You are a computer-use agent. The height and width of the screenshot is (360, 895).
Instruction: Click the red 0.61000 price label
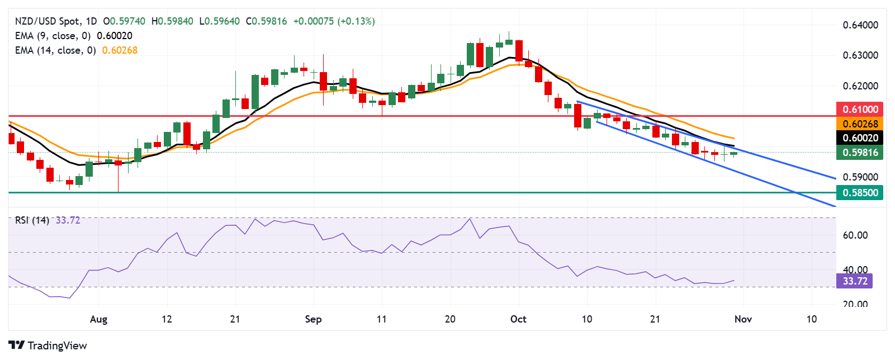[x=860, y=109]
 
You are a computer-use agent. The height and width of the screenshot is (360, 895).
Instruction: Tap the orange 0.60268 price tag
[x=860, y=124]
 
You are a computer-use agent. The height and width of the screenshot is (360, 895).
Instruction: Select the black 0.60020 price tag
[x=860, y=138]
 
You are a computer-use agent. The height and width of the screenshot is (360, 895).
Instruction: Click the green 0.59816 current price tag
[x=860, y=152]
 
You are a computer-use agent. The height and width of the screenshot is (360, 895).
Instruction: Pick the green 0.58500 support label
[x=860, y=192]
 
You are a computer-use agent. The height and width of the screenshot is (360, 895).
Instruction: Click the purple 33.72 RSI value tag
[x=854, y=281]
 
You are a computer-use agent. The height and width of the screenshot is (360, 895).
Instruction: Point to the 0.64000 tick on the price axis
[x=860, y=25]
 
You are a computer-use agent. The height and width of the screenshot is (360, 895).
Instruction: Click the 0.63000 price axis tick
[x=860, y=55]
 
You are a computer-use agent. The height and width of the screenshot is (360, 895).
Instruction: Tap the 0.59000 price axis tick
[x=860, y=177]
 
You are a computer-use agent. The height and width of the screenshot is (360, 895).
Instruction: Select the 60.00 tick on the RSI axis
[x=855, y=235]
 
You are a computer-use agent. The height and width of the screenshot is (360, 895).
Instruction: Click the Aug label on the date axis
[x=98, y=319]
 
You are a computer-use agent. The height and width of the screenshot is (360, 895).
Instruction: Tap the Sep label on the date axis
[x=313, y=319]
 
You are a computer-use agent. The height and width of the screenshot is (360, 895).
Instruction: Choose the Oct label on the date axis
[x=518, y=319]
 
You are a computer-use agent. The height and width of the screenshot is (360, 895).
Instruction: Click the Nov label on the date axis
[x=743, y=319]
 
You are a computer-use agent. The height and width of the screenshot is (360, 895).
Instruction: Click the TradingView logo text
[x=48, y=345]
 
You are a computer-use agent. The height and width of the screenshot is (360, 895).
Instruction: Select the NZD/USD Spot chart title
[x=47, y=21]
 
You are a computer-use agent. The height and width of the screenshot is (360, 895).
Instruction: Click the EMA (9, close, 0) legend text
[x=53, y=36]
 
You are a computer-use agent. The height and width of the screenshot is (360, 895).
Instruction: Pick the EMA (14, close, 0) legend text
[x=55, y=50]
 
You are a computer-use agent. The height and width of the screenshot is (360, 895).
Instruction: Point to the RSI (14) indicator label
[x=32, y=220]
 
